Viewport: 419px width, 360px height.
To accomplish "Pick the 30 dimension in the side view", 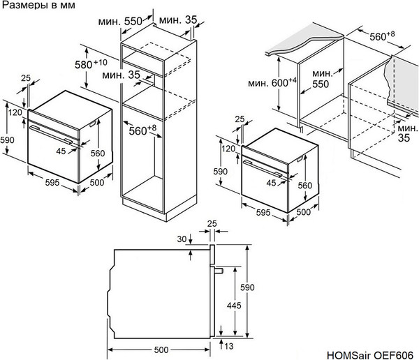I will (x=184, y=239).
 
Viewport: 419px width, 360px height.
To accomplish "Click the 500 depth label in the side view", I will (x=161, y=349).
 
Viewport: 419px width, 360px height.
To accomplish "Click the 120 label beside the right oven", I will (x=227, y=148).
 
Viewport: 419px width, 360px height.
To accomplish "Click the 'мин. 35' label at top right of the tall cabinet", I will (x=179, y=21).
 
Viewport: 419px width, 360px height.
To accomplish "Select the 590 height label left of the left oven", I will (x=7, y=140).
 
